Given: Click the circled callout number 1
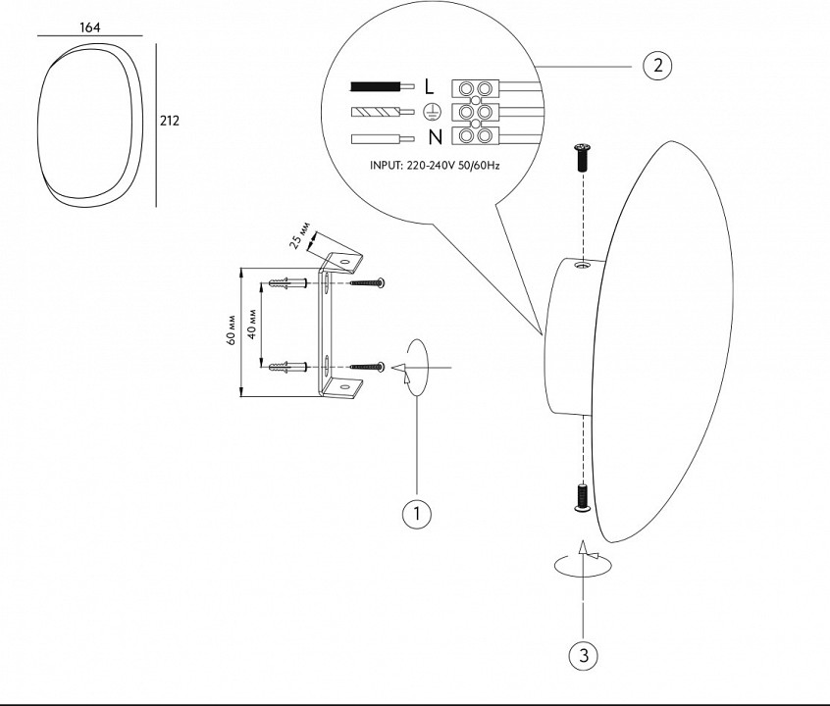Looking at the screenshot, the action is [417, 514].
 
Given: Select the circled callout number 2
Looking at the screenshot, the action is [657, 66].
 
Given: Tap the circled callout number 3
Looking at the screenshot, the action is [584, 656].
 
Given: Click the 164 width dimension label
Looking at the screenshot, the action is [89, 27].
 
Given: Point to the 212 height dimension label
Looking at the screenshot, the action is [170, 121].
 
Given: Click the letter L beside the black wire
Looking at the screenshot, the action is [429, 86].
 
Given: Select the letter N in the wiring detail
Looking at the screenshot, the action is [436, 137].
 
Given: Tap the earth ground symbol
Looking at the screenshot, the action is [432, 112].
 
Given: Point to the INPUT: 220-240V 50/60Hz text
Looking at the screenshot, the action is [435, 166].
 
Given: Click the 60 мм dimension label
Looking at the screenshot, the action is [232, 330].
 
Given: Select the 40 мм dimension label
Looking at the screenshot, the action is [252, 324].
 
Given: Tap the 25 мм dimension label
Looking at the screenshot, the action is [300, 236].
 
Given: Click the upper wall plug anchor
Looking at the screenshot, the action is [288, 283].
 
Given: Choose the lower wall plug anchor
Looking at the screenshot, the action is [288, 366].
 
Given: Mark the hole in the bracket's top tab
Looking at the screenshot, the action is [345, 262].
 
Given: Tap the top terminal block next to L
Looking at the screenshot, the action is [476, 88].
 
